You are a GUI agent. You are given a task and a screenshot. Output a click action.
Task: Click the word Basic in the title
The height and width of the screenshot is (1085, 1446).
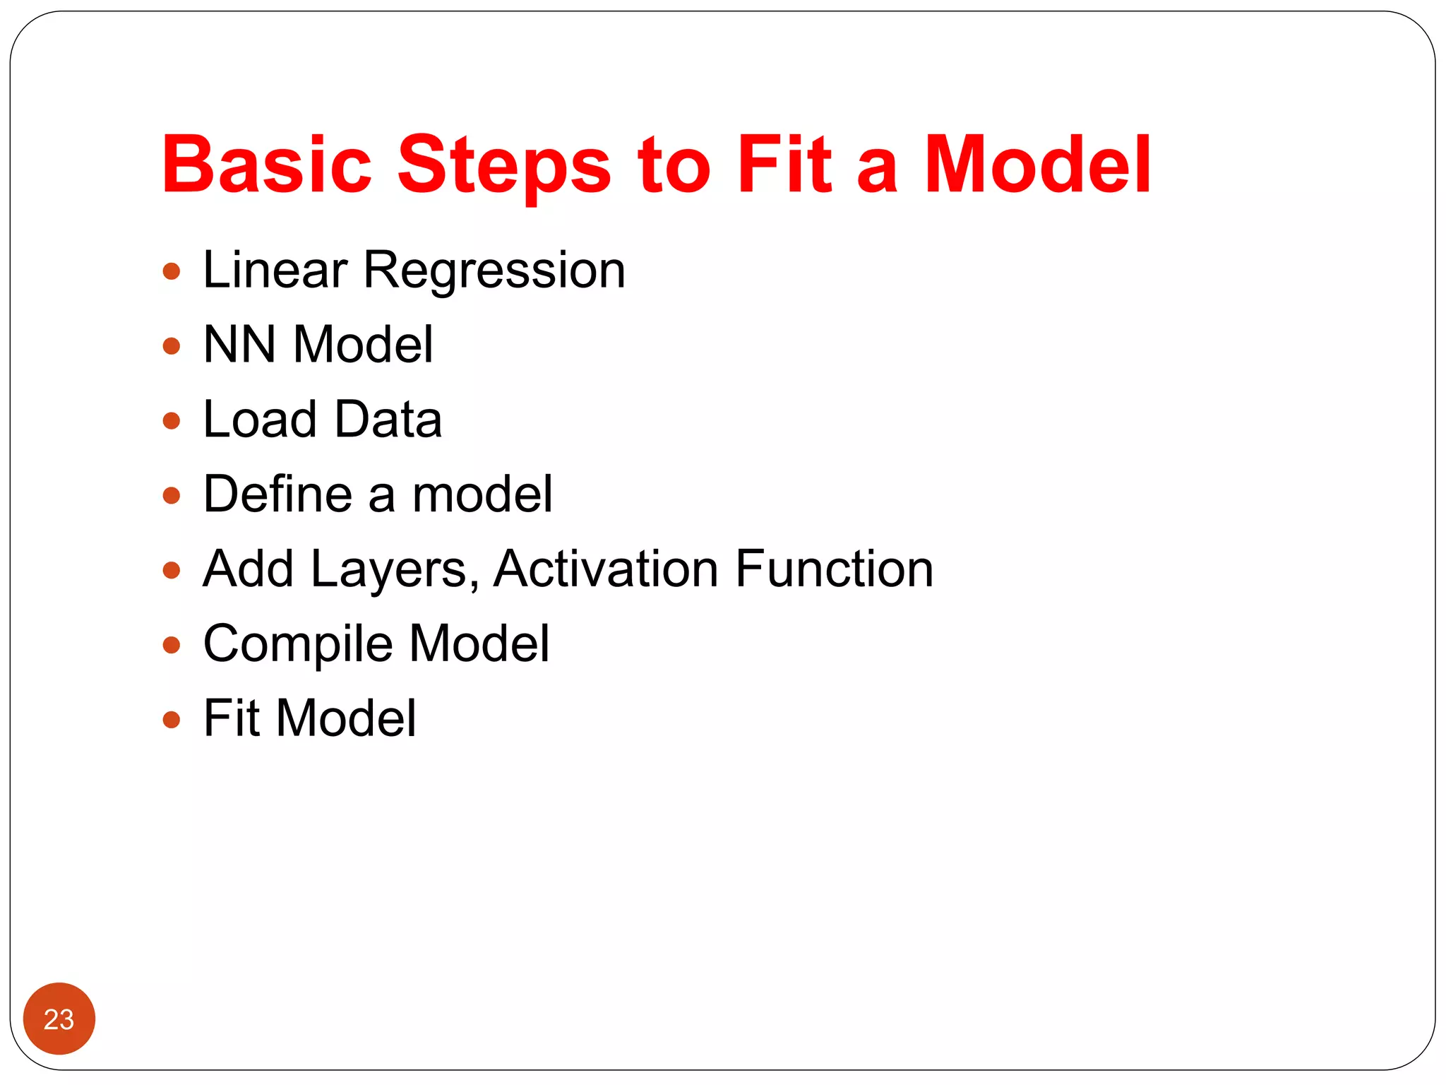point(266,165)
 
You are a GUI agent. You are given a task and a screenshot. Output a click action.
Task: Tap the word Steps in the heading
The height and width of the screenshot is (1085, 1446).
point(504,165)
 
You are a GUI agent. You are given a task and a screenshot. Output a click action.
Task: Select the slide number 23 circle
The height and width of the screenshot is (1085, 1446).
point(59,1019)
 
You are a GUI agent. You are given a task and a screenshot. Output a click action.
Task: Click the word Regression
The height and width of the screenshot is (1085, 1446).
point(494,271)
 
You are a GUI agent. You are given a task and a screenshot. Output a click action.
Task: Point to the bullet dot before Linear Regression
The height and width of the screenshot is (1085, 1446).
point(172,271)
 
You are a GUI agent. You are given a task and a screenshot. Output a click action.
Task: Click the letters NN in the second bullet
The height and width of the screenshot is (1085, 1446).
point(239,345)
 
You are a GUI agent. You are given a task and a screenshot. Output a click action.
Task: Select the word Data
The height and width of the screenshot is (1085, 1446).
point(388,420)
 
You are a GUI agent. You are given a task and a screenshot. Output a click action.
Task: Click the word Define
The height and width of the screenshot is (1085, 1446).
point(277,494)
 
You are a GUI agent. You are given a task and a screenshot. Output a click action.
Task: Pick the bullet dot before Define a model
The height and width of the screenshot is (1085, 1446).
point(172,495)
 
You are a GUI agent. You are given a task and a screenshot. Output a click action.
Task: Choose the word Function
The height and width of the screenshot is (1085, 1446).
point(834,569)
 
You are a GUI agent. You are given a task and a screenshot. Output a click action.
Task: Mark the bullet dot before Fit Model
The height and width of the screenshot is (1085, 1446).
point(172,720)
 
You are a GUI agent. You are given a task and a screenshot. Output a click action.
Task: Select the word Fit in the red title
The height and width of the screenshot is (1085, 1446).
point(783,165)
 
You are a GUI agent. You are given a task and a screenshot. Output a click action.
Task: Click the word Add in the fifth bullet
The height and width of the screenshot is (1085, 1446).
point(248,569)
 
